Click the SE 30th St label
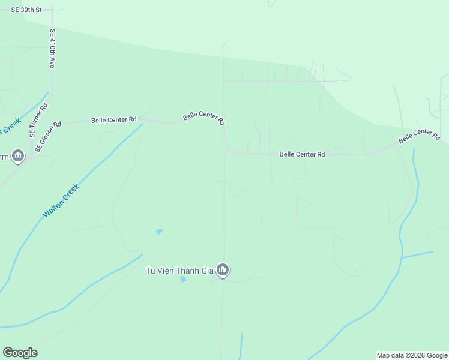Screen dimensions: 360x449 pyautogui.click(x=27, y=10)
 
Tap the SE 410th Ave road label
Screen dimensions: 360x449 pyautogui.click(x=52, y=48)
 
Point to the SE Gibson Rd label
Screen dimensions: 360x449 pyautogui.click(x=49, y=137)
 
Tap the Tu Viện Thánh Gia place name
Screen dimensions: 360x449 pyautogui.click(x=180, y=271)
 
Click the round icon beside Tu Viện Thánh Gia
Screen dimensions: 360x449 pyautogui.click(x=223, y=271)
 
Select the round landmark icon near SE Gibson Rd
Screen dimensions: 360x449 pyautogui.click(x=18, y=157)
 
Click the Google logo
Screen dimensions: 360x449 pyautogui.click(x=20, y=353)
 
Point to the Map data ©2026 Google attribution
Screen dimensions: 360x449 pyautogui.click(x=412, y=355)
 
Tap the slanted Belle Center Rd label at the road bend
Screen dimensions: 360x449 pyautogui.click(x=204, y=118)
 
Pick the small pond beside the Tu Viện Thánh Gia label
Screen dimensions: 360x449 pyautogui.click(x=182, y=279)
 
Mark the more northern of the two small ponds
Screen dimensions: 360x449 pyautogui.click(x=159, y=231)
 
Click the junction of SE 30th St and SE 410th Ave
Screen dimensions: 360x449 pyautogui.click(x=52, y=10)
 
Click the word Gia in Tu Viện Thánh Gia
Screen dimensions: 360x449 pyautogui.click(x=208, y=271)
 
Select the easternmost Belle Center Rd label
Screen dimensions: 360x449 pyautogui.click(x=419, y=136)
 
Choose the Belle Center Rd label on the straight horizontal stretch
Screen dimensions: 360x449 pyautogui.click(x=302, y=154)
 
